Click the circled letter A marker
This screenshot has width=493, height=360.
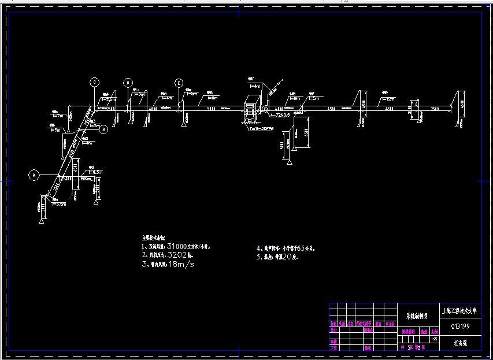coord(34,173)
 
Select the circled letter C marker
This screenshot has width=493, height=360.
coord(94,82)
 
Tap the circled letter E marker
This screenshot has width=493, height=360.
coord(179,83)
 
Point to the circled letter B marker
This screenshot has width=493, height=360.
coord(103,129)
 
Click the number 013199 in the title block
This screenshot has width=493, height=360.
coord(460,326)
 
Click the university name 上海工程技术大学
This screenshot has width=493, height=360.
coord(460,311)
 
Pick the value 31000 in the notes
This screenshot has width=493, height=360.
coord(180,246)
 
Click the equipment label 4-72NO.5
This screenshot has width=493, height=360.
coord(277,116)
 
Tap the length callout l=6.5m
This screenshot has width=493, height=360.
coord(95,172)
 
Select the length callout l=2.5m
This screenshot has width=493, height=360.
coord(108,99)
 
